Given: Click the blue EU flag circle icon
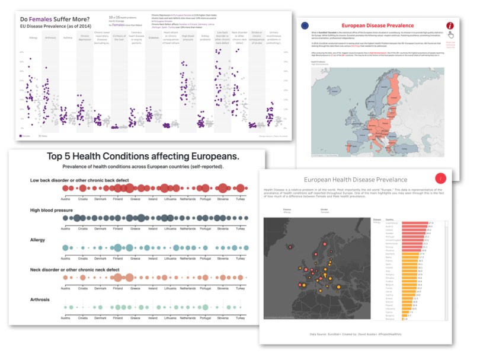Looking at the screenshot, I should (x=305, y=26).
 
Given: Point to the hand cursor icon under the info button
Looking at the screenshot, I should (x=450, y=35).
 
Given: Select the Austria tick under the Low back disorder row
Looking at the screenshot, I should (x=66, y=198).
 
